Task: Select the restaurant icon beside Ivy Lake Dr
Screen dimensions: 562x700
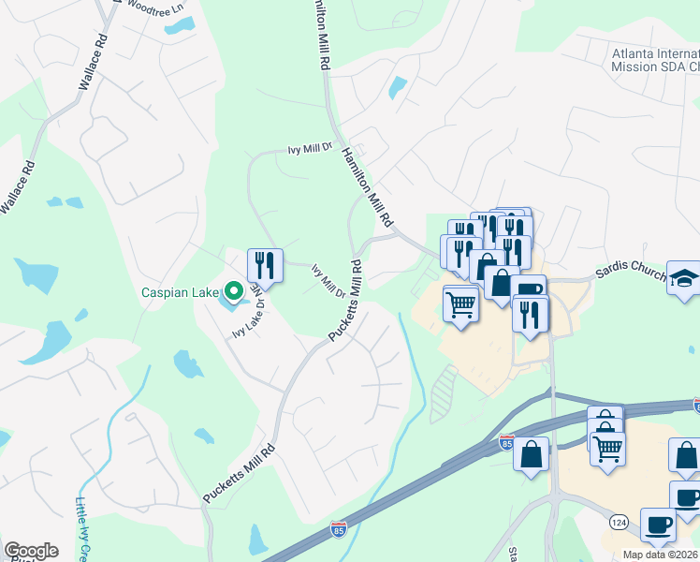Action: (265, 264)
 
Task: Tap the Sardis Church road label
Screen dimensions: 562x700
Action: (631, 270)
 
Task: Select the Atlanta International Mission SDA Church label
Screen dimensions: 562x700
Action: (655, 60)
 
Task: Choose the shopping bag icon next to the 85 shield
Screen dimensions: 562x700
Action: (532, 455)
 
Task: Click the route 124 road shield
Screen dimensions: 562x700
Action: (619, 520)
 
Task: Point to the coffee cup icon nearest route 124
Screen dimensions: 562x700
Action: (658, 525)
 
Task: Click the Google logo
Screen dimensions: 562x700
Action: (31, 551)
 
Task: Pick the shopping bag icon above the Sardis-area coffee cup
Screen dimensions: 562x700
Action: (502, 282)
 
